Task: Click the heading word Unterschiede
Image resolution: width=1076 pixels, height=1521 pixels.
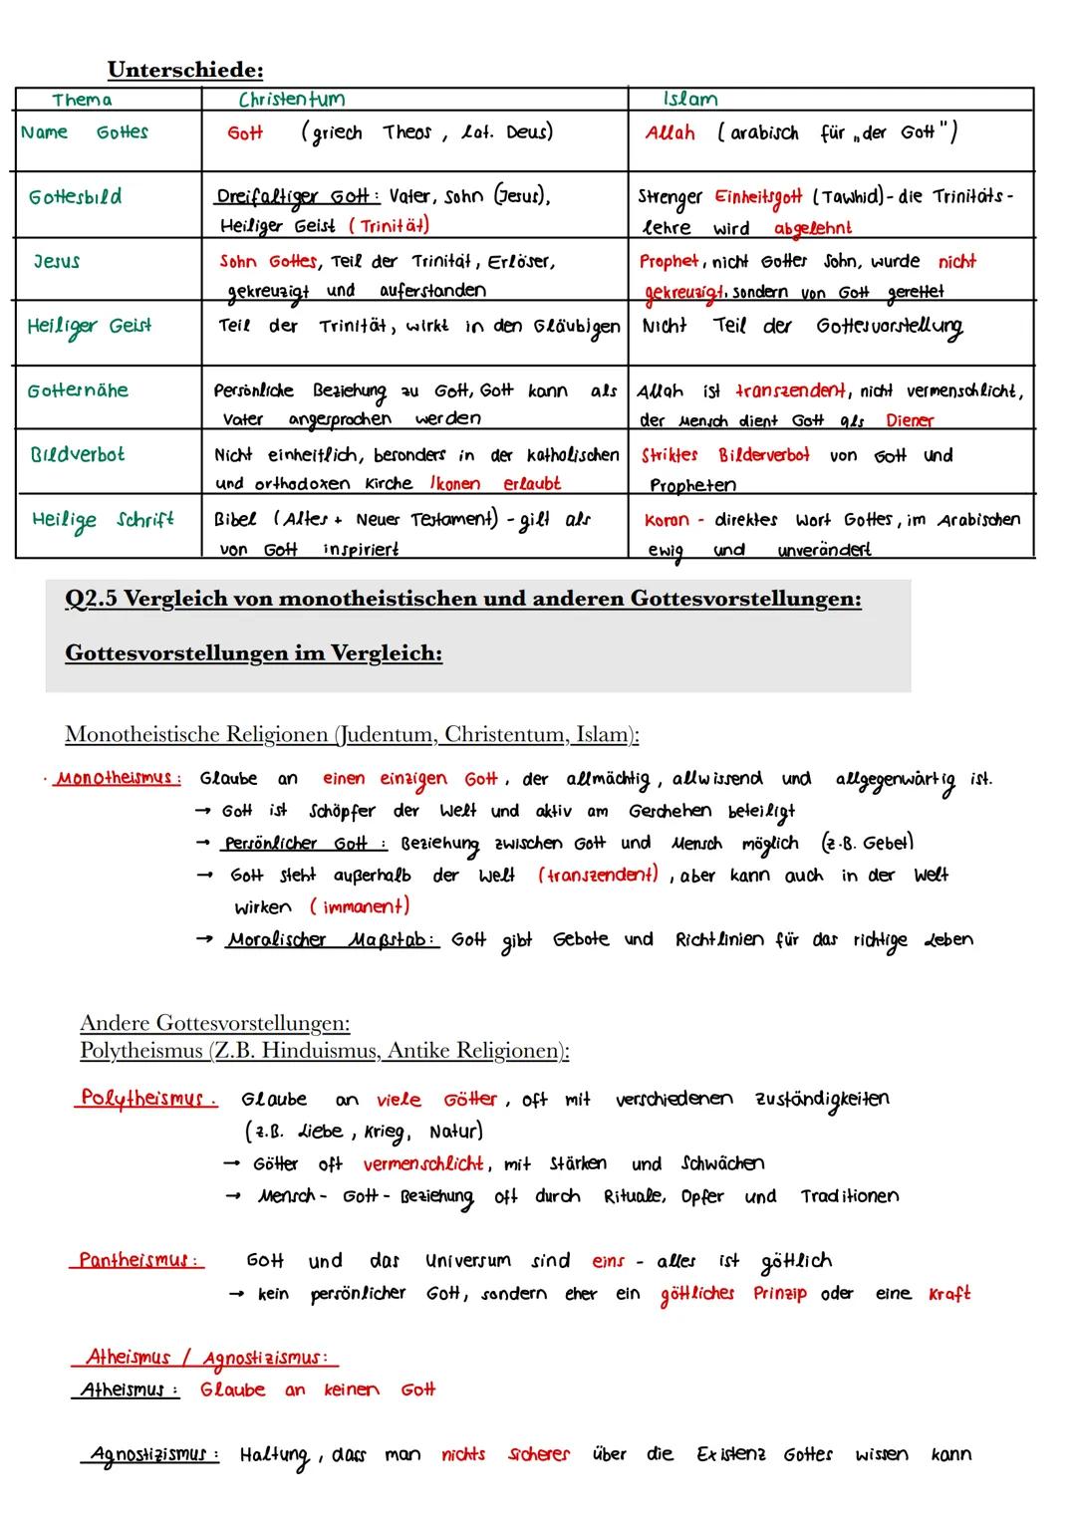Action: (185, 70)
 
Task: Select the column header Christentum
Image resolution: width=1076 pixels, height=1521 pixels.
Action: (291, 99)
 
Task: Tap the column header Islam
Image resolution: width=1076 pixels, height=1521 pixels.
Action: (690, 99)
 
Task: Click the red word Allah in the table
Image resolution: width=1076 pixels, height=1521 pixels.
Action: (670, 132)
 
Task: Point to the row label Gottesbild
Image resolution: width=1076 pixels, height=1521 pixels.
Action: (76, 197)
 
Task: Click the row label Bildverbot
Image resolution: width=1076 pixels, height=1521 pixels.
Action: (78, 454)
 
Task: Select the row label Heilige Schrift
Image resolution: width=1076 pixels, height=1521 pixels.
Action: (103, 520)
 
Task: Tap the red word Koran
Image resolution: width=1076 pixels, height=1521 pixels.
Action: (667, 520)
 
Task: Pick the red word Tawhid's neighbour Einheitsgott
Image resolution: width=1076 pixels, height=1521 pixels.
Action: (757, 197)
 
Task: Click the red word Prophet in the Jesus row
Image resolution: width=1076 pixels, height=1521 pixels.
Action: (669, 261)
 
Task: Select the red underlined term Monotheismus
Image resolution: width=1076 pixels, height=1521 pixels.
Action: (118, 778)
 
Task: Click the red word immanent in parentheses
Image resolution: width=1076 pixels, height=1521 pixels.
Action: (359, 906)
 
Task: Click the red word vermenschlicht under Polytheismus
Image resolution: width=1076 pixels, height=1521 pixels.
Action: (423, 1163)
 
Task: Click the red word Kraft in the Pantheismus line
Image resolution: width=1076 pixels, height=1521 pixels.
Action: (948, 1294)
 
